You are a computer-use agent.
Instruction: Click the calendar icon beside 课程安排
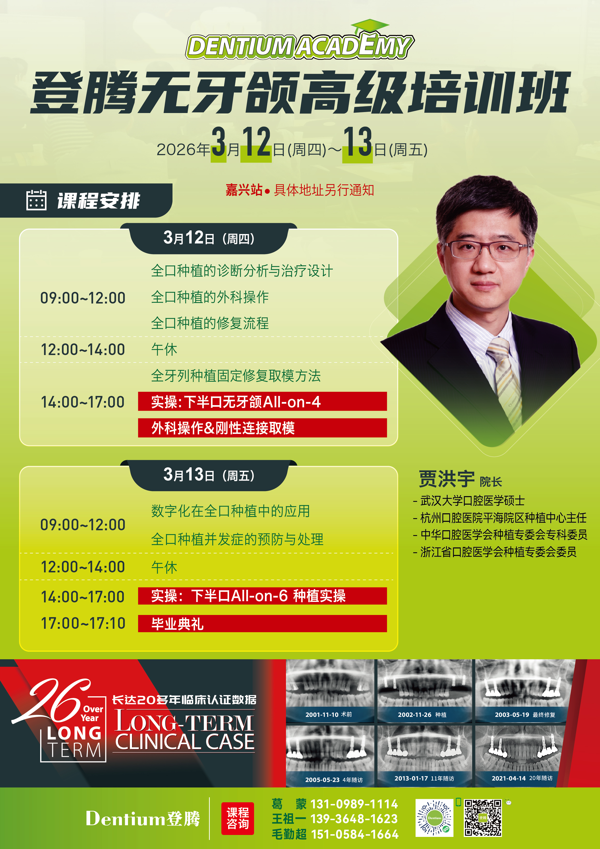[36, 200]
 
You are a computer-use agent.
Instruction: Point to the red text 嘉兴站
[244, 190]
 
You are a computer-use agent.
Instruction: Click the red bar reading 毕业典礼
[262, 623]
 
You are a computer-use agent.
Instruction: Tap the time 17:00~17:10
[83, 623]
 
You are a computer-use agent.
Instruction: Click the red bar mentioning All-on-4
[262, 401]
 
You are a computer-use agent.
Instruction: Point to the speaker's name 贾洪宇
[447, 479]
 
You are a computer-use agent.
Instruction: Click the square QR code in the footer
[483, 818]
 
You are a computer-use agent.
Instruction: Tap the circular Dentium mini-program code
[434, 818]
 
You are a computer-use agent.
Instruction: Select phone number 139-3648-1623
[354, 819]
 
